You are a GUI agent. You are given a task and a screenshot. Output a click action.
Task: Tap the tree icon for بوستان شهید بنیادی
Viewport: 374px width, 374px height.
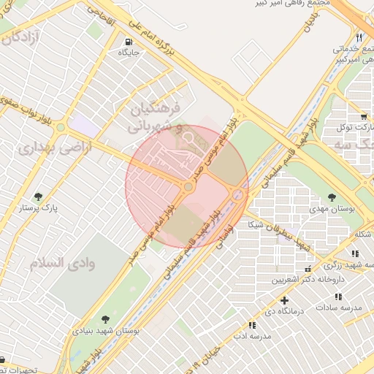tap(106, 319)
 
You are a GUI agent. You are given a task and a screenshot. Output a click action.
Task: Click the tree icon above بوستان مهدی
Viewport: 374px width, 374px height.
tap(332, 197)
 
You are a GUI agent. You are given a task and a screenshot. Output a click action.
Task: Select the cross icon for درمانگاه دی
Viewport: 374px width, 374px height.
tap(284, 299)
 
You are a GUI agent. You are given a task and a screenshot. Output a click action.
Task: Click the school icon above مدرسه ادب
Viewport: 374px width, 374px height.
tap(252, 324)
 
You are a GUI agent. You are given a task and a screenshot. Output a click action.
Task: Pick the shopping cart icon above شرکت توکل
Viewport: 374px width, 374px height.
tap(363, 116)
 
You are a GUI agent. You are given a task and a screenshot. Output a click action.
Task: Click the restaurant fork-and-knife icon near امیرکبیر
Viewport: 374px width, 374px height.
tap(359, 37)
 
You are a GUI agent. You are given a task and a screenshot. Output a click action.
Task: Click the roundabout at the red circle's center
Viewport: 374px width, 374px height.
tap(188, 188)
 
